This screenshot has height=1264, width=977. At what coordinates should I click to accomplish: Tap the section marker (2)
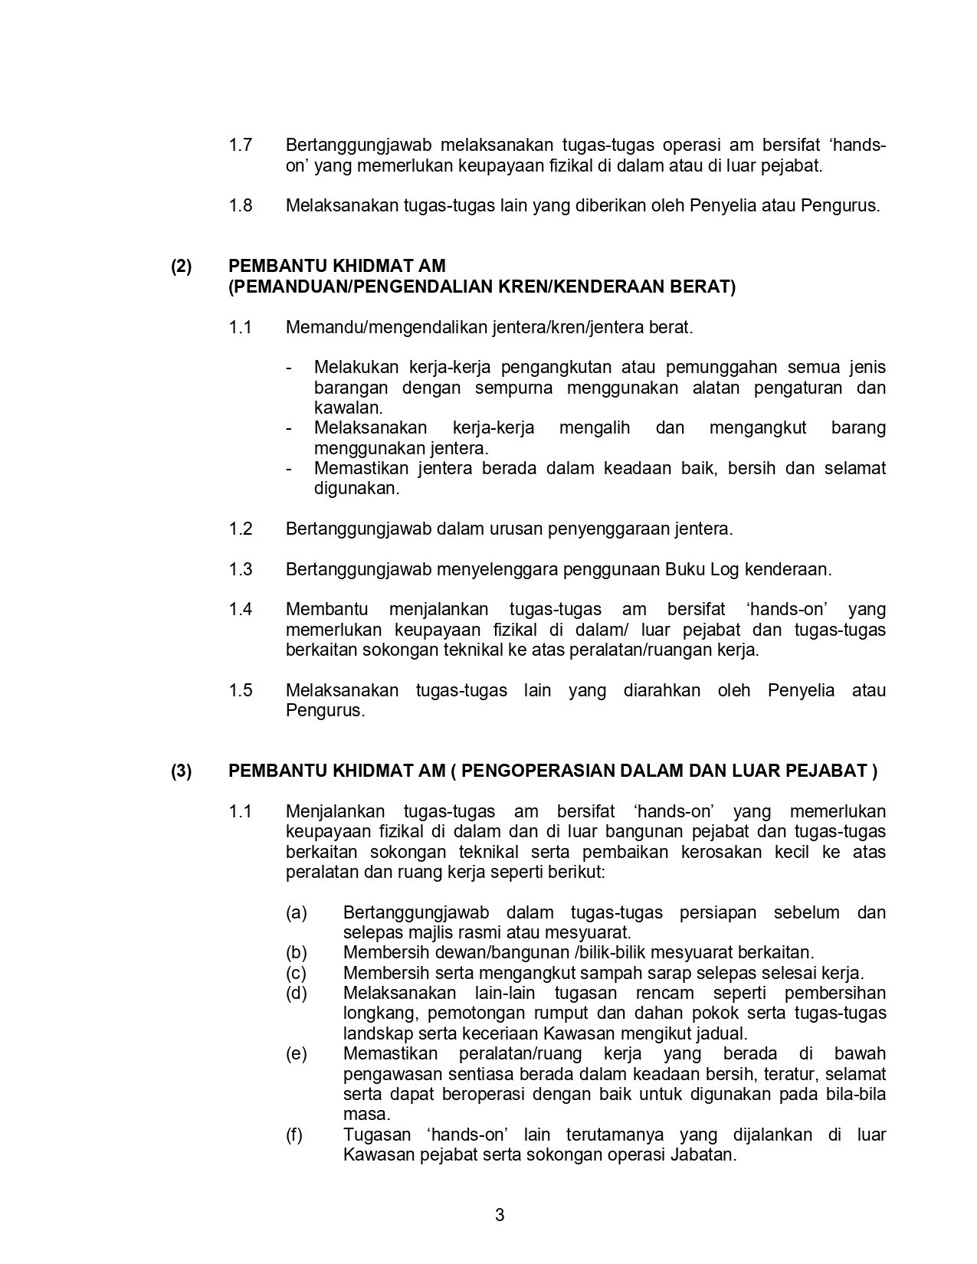click(182, 267)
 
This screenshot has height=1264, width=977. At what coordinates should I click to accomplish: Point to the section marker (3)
click(182, 771)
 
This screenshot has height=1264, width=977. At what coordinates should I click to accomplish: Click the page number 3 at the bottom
click(500, 1215)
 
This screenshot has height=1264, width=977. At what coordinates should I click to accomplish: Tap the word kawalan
click(347, 408)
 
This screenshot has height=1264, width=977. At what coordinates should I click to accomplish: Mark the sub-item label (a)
click(296, 912)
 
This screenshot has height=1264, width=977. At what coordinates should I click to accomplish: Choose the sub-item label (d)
click(296, 993)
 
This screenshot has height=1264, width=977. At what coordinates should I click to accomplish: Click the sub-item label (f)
click(294, 1135)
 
